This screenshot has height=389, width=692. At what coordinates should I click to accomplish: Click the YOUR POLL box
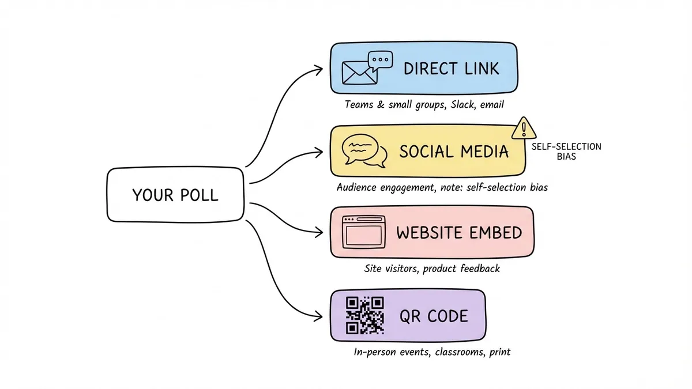(175, 195)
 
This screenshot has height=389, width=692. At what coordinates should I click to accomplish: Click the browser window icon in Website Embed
(363, 232)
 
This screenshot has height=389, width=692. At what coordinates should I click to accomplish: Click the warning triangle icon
(523, 128)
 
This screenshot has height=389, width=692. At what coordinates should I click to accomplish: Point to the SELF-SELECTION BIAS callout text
(566, 152)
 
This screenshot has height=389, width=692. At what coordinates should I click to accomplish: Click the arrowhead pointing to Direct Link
(319, 70)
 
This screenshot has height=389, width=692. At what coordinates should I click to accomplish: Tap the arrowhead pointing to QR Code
(319, 316)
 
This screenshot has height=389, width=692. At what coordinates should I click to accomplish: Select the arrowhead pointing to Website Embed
(319, 233)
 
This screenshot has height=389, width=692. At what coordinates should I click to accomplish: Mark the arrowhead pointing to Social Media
(319, 153)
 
